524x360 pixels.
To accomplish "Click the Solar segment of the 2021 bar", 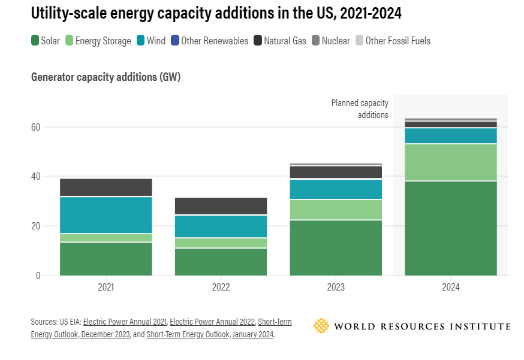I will coord(106,259).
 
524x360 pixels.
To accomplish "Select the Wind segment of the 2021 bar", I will coord(106,215).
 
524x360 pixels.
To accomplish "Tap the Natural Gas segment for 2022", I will coord(221,205).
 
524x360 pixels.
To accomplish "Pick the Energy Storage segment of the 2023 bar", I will coord(336,210).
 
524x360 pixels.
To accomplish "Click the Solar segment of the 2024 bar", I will coord(451,228).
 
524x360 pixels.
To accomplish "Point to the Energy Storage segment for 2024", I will coord(451,162).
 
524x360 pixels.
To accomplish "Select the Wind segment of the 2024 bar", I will coord(451,136).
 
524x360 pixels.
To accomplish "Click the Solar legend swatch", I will coord(35,41).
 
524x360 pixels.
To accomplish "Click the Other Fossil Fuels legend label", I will coord(397,41).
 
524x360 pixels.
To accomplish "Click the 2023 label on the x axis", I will coord(336,288).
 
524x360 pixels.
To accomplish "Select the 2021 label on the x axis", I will coord(106,288).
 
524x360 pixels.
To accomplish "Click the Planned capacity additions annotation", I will coord(360,109).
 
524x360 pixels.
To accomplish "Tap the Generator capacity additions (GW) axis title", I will coord(106,77).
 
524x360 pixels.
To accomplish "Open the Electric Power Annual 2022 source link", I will coord(212,322).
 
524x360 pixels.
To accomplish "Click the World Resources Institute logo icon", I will coord(321,326).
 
